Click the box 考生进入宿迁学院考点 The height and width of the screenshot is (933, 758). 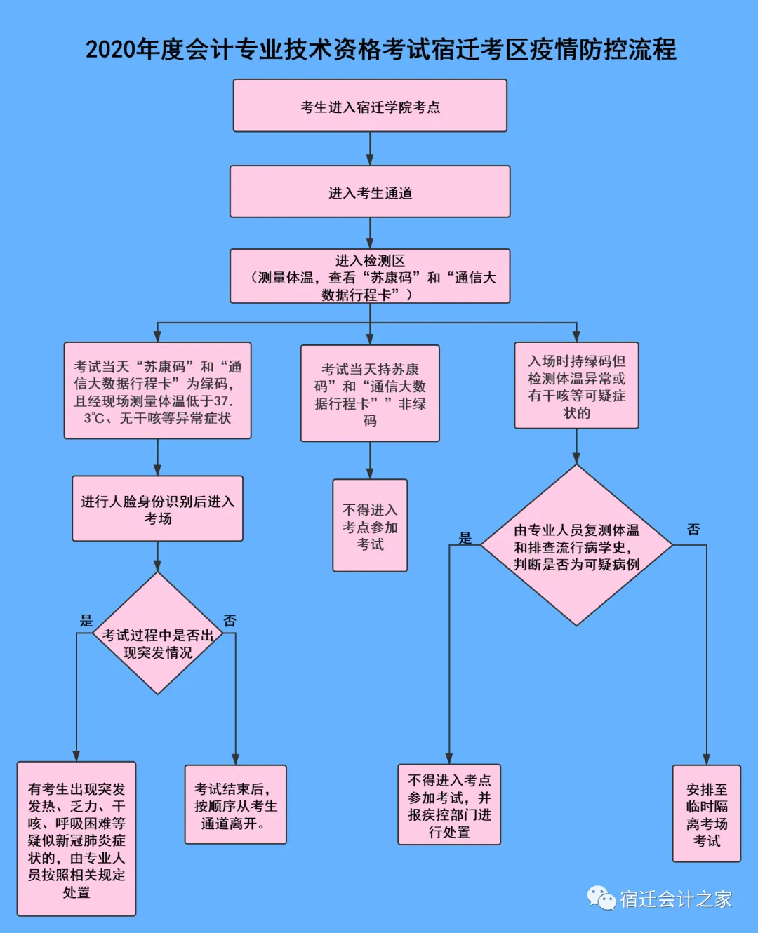(x=370, y=106)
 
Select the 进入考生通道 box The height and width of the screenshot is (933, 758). (x=370, y=192)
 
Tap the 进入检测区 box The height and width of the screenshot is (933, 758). (x=370, y=276)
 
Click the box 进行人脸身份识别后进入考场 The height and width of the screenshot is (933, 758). (x=157, y=509)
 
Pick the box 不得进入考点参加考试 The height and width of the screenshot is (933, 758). (x=370, y=525)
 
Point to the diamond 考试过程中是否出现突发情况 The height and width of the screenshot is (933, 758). (x=157, y=633)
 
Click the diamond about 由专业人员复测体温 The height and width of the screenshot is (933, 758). (x=576, y=545)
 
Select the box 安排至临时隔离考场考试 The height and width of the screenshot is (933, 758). (x=706, y=814)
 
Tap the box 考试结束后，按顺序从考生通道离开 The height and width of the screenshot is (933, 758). (x=235, y=805)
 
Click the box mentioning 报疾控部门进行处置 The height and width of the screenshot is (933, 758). (x=449, y=805)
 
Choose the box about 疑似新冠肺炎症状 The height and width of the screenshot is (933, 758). (x=77, y=839)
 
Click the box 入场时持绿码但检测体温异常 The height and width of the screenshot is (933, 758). (x=576, y=386)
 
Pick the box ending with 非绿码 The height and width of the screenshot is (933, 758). (x=370, y=394)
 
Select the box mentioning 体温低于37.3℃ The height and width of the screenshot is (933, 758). (x=157, y=391)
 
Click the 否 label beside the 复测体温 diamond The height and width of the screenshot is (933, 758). (x=693, y=530)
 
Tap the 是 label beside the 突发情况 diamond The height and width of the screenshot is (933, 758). (x=86, y=620)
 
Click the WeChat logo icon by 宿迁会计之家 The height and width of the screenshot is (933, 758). (x=601, y=899)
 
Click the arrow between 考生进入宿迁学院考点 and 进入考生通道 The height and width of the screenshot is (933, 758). (x=370, y=149)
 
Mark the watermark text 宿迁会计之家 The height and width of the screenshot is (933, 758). (x=675, y=899)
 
